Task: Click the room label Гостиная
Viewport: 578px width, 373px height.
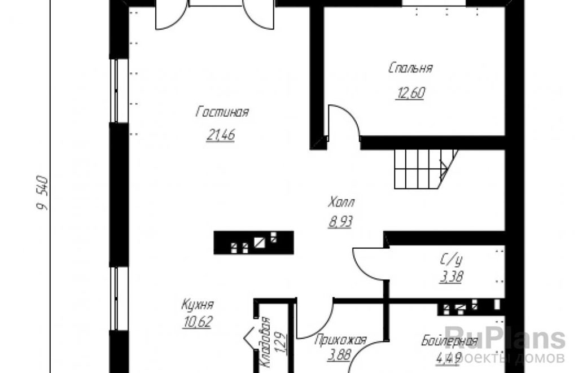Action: [222, 112]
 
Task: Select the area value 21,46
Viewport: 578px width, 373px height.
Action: [221, 135]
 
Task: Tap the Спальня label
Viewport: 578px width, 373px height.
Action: [411, 68]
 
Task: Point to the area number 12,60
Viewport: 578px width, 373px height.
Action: [410, 93]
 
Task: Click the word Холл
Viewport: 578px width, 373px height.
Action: [341, 203]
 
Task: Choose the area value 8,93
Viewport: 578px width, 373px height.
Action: [340, 222]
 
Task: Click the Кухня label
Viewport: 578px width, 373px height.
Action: [198, 305]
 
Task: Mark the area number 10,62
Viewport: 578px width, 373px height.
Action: [198, 322]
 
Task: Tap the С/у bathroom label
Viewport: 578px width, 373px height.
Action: [451, 260]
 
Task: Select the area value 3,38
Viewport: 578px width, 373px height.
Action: [451, 277]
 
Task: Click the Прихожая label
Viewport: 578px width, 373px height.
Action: [340, 340]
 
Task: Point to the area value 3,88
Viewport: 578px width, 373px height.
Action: [339, 356]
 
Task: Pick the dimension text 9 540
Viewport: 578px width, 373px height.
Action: [42, 193]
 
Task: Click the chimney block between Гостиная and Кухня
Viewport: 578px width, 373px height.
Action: [253, 243]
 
